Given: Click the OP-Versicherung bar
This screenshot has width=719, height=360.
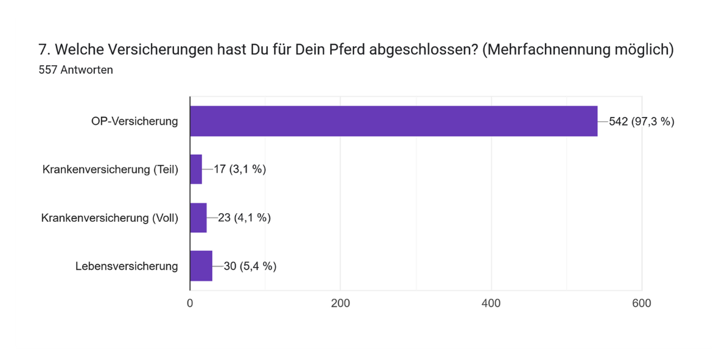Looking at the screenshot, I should pos(393,121).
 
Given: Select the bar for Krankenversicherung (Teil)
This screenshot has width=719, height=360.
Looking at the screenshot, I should pos(196,169).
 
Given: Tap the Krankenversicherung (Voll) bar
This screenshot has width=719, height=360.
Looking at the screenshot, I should pos(198,217).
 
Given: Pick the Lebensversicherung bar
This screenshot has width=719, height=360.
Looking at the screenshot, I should pos(201,266).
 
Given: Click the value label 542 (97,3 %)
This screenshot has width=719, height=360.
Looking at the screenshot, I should pos(641,121).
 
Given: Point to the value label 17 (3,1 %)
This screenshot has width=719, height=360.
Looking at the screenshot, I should pos(239,169).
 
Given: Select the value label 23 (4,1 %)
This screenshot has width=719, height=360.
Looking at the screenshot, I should pos(244,217).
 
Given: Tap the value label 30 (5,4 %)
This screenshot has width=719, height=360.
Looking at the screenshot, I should pos(250,266).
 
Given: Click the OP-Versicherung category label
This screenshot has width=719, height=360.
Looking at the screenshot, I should pos(135,121).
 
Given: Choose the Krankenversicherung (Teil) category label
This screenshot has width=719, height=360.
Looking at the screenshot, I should pos(110,169).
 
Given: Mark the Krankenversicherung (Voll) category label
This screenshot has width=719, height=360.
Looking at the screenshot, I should pos(110,217).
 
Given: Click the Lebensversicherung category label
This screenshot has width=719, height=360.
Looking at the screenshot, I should pos(127,266).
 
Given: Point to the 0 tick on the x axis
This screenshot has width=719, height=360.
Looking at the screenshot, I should pos(190,303).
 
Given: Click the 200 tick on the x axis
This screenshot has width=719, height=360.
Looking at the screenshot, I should pos(340,303).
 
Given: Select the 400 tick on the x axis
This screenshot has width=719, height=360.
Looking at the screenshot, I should pos(491,303).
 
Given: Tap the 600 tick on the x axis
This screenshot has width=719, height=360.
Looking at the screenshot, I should pos(642,303).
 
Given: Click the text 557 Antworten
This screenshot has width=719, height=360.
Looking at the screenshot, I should pos(75,69).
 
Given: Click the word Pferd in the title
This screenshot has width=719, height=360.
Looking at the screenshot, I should pos(334,51).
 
